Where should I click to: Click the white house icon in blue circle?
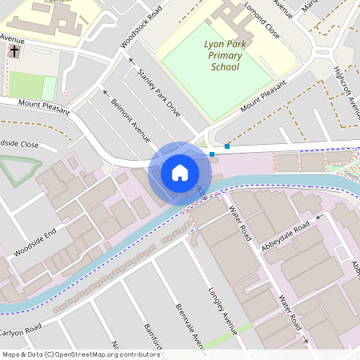tap(179, 172)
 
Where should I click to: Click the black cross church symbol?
tap(14, 52)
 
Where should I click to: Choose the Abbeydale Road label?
tap(290, 231)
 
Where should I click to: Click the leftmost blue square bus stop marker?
tap(212, 154)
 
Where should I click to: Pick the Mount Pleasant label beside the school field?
tap(263, 97)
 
